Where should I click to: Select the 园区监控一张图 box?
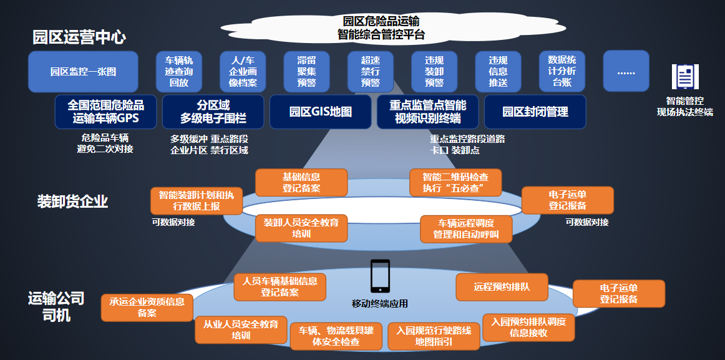click(83, 72)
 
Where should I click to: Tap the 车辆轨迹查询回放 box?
click(179, 72)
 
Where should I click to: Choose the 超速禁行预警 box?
click(371, 72)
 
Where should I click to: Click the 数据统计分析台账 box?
click(562, 72)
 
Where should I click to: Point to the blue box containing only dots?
click(626, 72)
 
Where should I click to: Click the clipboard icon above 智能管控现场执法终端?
click(685, 77)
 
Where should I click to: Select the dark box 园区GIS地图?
click(321, 112)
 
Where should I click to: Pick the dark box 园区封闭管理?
click(535, 112)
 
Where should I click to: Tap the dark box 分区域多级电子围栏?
click(213, 112)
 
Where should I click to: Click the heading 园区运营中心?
click(79, 37)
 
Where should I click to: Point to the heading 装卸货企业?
click(72, 202)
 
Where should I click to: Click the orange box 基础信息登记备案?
click(301, 182)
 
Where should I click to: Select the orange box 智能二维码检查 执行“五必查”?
click(455, 182)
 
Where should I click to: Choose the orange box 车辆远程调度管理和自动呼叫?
click(466, 229)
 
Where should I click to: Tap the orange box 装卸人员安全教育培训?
click(301, 228)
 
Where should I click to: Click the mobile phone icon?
click(380, 276)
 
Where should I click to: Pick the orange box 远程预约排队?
click(502, 288)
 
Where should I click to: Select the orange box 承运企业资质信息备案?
click(147, 308)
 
